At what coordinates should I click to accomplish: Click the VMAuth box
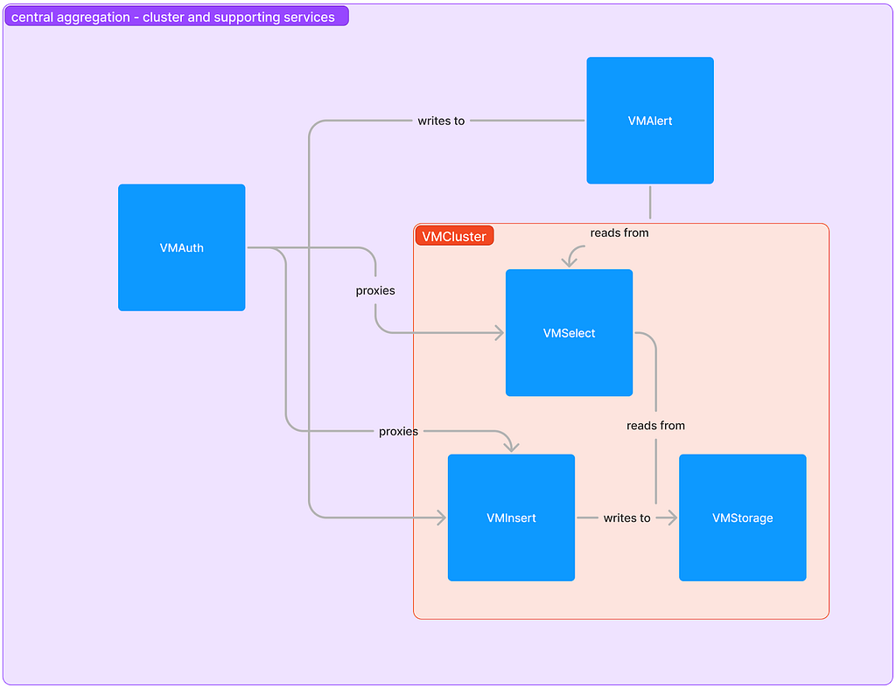(x=182, y=247)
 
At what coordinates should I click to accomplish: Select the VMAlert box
(x=650, y=121)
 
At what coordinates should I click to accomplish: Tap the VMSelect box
(x=569, y=333)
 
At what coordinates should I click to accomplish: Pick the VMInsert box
(x=511, y=518)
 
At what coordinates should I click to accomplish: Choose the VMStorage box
(x=743, y=518)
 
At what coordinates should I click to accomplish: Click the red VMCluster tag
(x=454, y=236)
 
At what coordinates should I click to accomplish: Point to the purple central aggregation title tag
(x=176, y=17)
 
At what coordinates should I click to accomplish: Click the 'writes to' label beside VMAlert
(x=441, y=121)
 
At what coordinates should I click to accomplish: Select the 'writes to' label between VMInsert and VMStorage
(x=626, y=518)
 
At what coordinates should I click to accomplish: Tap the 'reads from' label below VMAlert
(x=619, y=233)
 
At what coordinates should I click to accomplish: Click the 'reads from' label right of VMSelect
(x=655, y=426)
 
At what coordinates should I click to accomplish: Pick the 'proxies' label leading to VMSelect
(x=375, y=290)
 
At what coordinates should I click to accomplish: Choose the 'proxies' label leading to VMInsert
(x=398, y=431)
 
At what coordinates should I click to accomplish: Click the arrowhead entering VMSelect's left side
(x=500, y=333)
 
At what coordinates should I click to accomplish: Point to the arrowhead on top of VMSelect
(x=569, y=261)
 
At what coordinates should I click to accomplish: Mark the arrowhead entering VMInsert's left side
(x=442, y=518)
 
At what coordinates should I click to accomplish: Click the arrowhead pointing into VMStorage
(x=673, y=518)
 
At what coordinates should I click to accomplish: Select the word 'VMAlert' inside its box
(x=650, y=121)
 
